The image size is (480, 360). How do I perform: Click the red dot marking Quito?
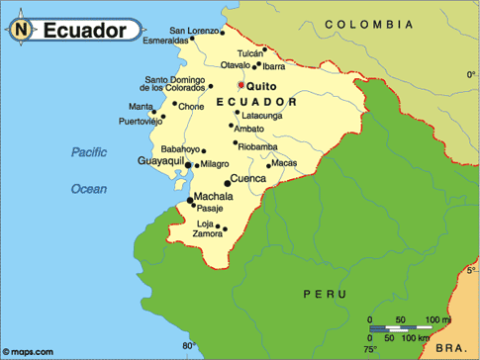tap(240, 85)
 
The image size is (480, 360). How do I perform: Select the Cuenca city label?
tap(248, 179)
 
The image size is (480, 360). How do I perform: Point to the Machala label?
tap(214, 196)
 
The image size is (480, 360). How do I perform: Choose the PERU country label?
tap(325, 294)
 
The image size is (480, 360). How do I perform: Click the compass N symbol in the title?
tap(23, 31)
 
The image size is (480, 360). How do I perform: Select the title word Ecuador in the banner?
tap(84, 31)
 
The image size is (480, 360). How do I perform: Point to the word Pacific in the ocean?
tap(88, 151)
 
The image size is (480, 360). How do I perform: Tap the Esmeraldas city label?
tap(164, 41)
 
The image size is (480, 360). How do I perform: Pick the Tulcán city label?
tap(251, 53)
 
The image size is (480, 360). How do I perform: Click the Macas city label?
tap(284, 162)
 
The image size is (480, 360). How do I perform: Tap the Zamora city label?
tap(209, 234)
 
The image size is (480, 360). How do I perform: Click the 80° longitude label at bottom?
tap(189, 346)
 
